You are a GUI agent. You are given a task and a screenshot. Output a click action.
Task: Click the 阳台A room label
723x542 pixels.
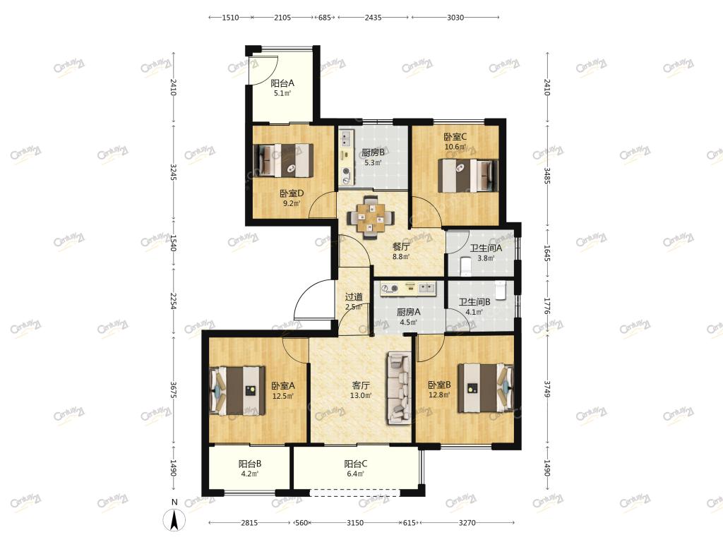pos(282,83)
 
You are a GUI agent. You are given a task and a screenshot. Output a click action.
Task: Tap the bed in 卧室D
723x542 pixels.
pos(283,160)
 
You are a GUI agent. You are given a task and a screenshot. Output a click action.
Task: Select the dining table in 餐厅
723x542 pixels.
pos(370,217)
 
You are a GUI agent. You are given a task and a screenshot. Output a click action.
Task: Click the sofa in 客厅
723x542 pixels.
pos(399,388)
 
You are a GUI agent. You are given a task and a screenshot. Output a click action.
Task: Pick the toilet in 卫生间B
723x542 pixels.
pos(501,289)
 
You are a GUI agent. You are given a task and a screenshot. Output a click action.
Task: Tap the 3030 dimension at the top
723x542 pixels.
pos(455,18)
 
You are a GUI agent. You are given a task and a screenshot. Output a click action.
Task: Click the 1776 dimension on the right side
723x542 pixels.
pos(547,306)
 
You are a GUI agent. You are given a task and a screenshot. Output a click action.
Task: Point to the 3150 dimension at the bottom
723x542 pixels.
pos(355,523)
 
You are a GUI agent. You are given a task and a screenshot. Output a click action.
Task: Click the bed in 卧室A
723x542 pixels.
pos(238,391)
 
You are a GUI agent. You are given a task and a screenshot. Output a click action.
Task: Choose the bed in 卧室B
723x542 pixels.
pos(485,387)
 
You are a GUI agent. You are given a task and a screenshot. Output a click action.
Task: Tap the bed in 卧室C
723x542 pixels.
pos(468,176)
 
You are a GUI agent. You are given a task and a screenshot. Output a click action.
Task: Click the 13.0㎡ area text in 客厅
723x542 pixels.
pos(361,395)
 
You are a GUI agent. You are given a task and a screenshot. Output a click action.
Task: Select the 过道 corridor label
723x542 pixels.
pos(354,297)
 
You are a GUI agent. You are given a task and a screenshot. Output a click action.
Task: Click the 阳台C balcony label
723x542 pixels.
pos(356,464)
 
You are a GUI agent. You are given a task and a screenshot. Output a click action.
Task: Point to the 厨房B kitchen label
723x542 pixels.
pos(373,152)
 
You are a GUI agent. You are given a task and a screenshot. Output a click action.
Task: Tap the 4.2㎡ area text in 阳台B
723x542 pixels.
pos(249,474)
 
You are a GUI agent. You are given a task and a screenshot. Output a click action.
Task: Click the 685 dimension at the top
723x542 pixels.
pos(325,18)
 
